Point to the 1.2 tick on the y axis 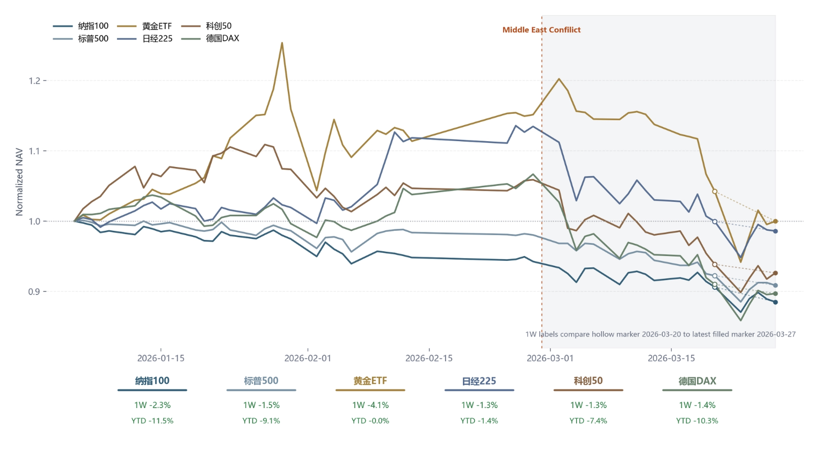[x=34, y=81]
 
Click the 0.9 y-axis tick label [x=34, y=291]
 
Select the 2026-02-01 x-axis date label [x=308, y=358]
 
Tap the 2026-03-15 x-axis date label [x=671, y=358]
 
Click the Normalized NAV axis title [x=19, y=182]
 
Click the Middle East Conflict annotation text [x=541, y=30]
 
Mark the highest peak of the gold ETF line [x=282, y=43]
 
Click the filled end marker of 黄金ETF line [x=775, y=221]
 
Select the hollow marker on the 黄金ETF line [x=715, y=191]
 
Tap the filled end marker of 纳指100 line [x=775, y=302]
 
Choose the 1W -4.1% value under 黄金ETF [x=370, y=405]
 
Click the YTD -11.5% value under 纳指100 [x=152, y=421]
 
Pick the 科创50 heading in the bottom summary [x=588, y=381]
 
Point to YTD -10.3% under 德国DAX [x=697, y=421]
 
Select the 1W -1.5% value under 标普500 [x=261, y=405]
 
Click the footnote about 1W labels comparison [x=660, y=334]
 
